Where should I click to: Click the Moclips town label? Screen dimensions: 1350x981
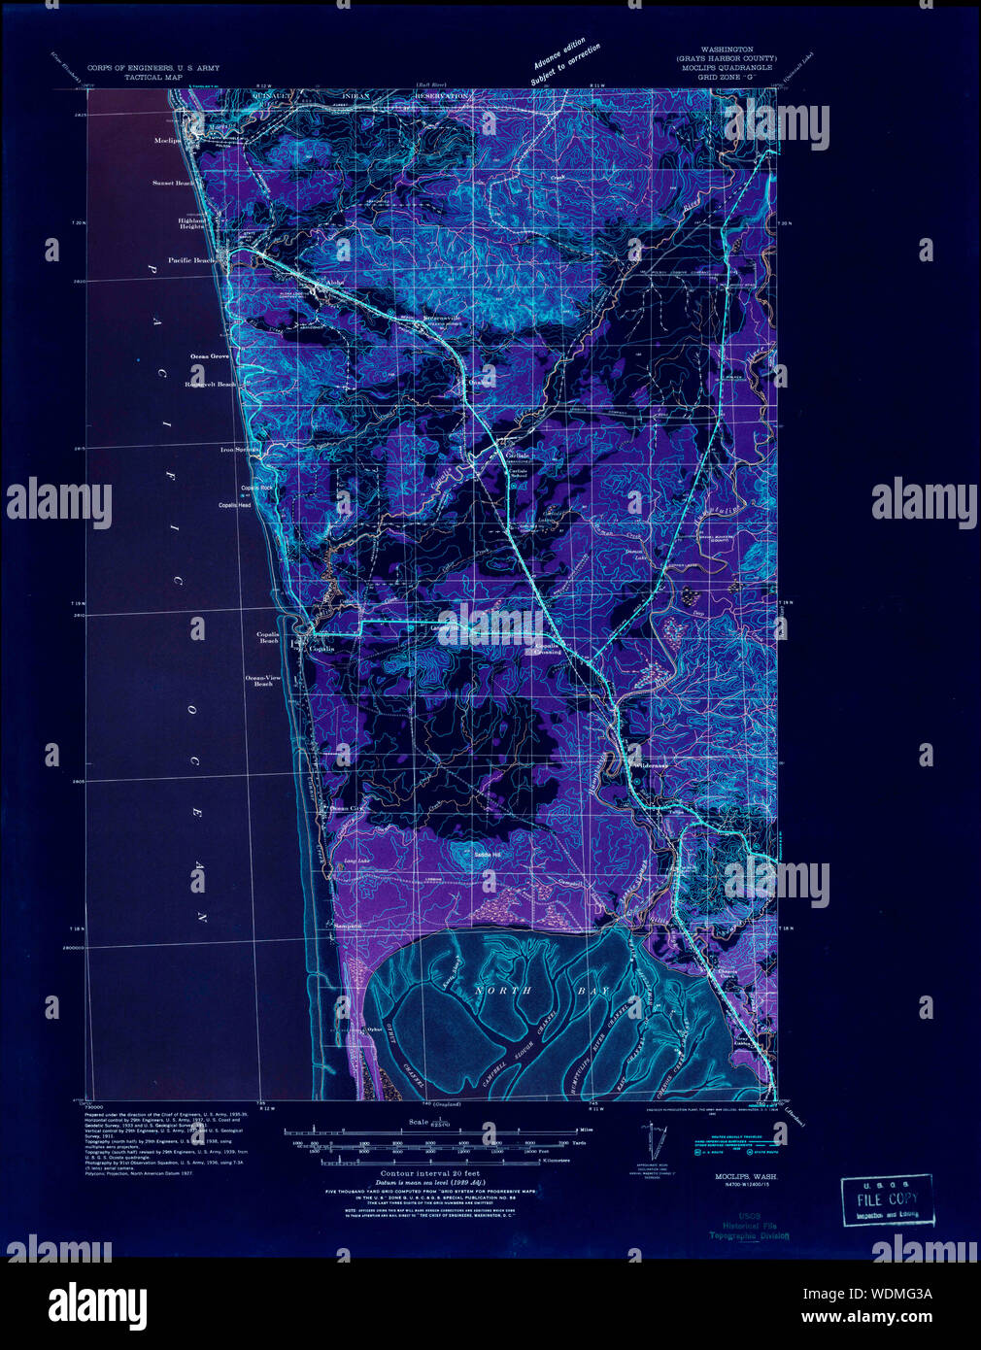click(x=168, y=141)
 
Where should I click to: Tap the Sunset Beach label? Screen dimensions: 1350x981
click(x=172, y=183)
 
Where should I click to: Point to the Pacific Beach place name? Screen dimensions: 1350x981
click(x=191, y=260)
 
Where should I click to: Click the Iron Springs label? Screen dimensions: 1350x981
click(x=240, y=451)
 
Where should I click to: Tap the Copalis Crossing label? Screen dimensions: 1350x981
click(x=547, y=648)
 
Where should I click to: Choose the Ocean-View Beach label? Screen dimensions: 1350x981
click(x=263, y=680)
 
